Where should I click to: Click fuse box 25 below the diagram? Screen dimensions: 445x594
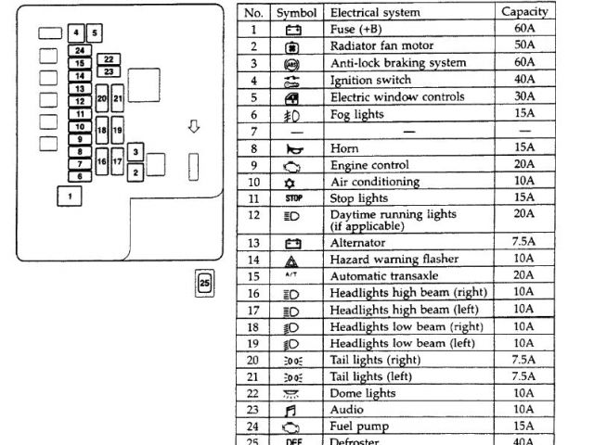205,281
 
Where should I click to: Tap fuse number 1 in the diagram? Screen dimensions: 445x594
69,196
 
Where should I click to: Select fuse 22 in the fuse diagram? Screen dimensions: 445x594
109,59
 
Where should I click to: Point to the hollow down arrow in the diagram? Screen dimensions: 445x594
194,126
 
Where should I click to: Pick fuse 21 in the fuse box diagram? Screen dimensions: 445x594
118,96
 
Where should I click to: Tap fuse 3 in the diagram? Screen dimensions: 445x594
136,152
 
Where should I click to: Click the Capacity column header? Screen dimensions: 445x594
524,12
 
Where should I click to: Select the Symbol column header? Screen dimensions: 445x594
296,12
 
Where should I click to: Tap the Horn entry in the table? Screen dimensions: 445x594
344,147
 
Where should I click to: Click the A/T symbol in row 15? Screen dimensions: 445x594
291,276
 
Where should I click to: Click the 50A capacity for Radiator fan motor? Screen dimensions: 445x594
524,45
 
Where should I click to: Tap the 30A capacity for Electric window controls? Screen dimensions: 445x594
524,96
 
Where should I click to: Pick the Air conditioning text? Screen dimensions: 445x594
375,182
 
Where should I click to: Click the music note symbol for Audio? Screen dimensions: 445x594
291,410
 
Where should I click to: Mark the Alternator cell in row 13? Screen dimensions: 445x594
358,242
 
